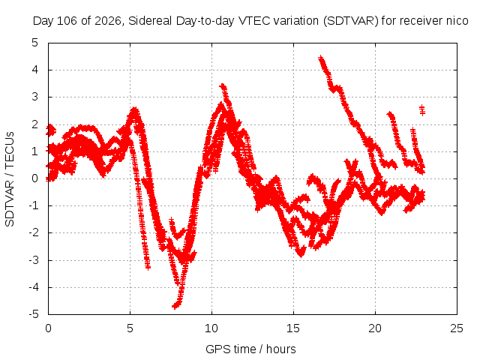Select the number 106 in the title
(x=67, y=21)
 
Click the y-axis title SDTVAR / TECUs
(x=10, y=179)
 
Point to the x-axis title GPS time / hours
(x=250, y=349)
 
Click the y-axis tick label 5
(x=35, y=43)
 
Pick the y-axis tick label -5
(x=33, y=314)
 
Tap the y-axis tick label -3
(x=33, y=260)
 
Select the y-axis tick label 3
(x=35, y=97)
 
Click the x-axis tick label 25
(x=457, y=328)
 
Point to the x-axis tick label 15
(x=293, y=328)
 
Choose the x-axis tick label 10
(x=211, y=328)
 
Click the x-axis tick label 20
(x=375, y=328)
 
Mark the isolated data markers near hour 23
(x=422, y=110)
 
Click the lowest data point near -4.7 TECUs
(x=175, y=306)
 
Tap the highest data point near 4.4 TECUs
(x=320, y=58)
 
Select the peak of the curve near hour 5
(x=134, y=110)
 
